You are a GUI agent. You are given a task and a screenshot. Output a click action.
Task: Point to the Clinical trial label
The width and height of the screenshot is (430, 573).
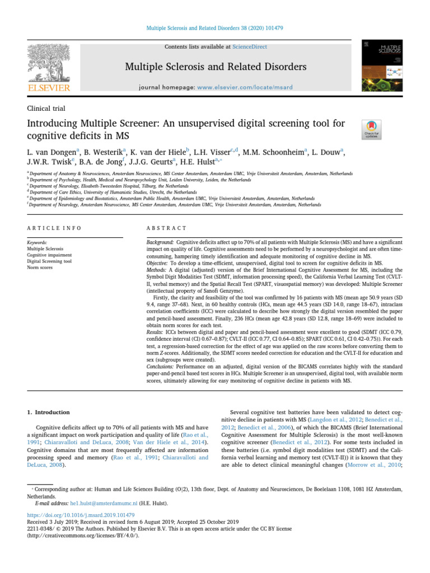[x=48, y=107]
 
